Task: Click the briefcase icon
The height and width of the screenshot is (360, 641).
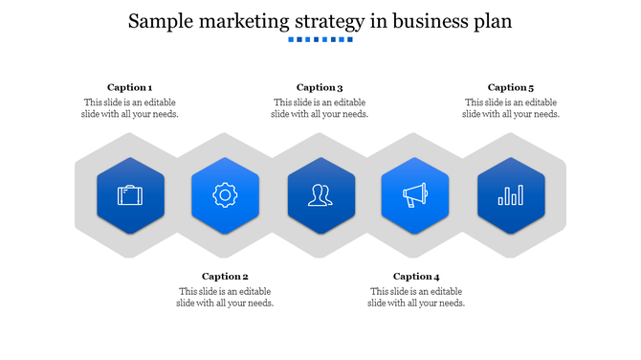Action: click(x=130, y=195)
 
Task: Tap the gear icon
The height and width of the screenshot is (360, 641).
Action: click(x=225, y=195)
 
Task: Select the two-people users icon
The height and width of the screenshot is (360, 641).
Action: click(x=320, y=195)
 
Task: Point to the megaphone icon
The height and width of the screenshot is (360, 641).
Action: click(x=415, y=195)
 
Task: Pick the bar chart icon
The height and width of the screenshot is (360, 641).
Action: click(x=511, y=195)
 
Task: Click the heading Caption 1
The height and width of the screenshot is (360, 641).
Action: click(x=129, y=87)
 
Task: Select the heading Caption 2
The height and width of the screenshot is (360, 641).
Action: click(x=225, y=277)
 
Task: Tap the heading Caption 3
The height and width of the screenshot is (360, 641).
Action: click(x=320, y=87)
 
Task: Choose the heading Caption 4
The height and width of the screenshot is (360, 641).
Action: click(x=416, y=277)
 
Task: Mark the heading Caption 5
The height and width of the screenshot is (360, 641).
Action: click(x=511, y=87)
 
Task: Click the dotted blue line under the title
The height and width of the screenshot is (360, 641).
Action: click(x=320, y=40)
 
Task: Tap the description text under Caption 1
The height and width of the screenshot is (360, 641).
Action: click(x=129, y=108)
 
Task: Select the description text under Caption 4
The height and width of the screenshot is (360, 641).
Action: click(x=416, y=297)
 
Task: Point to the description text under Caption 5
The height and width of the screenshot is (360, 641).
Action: click(x=511, y=108)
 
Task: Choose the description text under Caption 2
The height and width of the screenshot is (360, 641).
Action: click(x=225, y=297)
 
